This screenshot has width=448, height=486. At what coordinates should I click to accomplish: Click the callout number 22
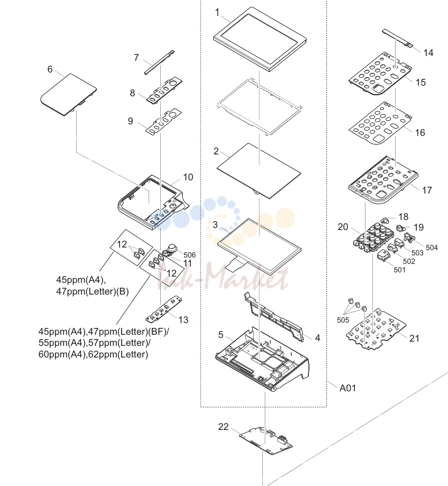[x=223, y=427]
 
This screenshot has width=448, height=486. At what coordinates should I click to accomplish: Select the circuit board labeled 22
[x=266, y=441]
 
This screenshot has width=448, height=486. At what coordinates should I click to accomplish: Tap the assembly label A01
[x=348, y=388]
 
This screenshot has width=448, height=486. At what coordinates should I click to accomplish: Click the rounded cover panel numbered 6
[x=69, y=95]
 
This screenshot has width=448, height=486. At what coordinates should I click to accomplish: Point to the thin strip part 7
[x=159, y=62]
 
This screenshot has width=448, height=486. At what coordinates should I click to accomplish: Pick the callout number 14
[x=428, y=53]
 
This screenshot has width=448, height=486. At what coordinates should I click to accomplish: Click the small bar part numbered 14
[x=398, y=39]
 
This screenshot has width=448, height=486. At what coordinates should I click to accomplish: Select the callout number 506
[x=189, y=255]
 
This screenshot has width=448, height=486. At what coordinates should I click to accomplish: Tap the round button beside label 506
[x=172, y=248]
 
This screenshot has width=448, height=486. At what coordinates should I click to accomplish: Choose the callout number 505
[x=343, y=320]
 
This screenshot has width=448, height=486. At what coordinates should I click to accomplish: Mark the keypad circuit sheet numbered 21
[x=376, y=329]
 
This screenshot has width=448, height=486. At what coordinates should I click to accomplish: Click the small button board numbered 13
[x=163, y=309]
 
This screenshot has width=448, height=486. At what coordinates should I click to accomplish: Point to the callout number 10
[x=188, y=177]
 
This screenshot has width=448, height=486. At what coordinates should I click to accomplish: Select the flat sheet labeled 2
[x=259, y=170]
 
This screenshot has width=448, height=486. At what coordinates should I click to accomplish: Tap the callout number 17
[x=427, y=190]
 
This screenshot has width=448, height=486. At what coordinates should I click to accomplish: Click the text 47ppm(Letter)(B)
[x=92, y=292]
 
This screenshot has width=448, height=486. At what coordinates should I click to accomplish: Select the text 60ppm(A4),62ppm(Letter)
[x=93, y=354]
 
